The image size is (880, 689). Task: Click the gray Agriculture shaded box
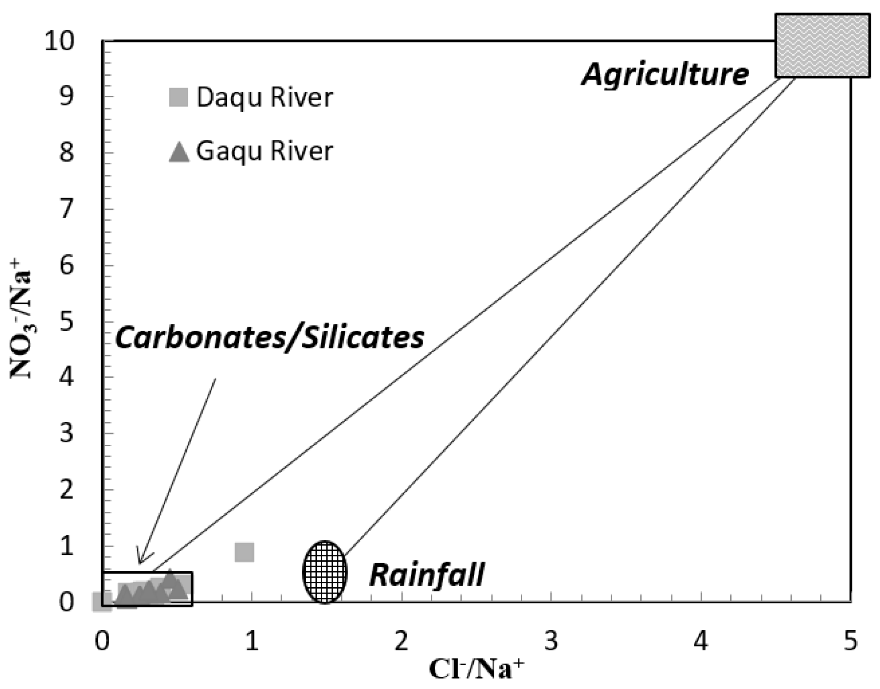click(x=822, y=45)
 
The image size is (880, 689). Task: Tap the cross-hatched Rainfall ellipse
click(x=325, y=572)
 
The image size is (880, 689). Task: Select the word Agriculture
click(x=665, y=74)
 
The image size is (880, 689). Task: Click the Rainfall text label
click(x=427, y=574)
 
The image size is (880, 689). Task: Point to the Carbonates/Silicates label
click(x=269, y=338)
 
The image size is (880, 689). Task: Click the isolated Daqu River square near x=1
click(x=244, y=552)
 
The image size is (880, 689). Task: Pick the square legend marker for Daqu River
click(x=178, y=97)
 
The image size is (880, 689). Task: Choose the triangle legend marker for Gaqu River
click(x=179, y=151)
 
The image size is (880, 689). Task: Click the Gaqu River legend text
click(x=265, y=151)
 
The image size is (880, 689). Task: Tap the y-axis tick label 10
click(x=59, y=42)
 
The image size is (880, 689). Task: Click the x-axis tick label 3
click(x=551, y=641)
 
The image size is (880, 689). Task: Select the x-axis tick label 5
click(x=850, y=641)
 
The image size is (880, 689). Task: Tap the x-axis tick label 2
click(x=402, y=641)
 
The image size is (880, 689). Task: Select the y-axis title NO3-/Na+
click(x=22, y=324)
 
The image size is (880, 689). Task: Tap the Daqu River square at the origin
click(x=102, y=601)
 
